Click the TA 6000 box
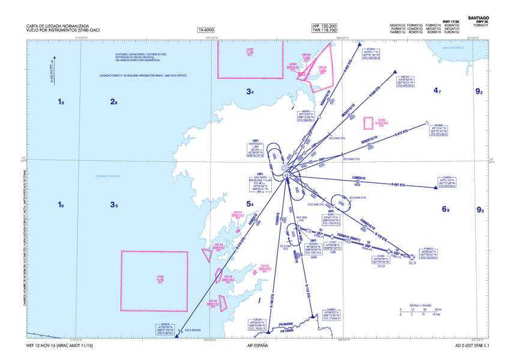click(206, 30)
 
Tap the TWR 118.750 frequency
click(325, 31)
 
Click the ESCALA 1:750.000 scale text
click(421, 304)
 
